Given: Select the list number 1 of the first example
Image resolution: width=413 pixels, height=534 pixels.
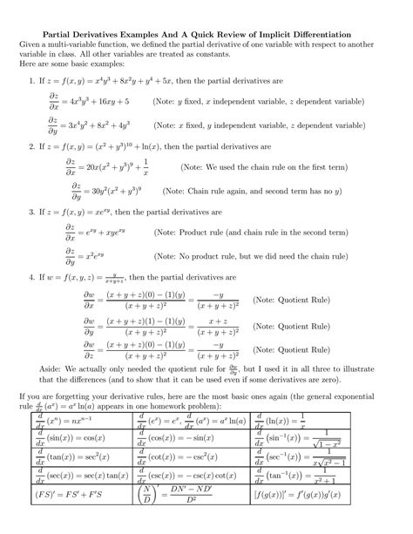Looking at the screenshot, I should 31,81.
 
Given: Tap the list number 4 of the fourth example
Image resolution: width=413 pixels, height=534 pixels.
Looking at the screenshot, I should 31,277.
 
